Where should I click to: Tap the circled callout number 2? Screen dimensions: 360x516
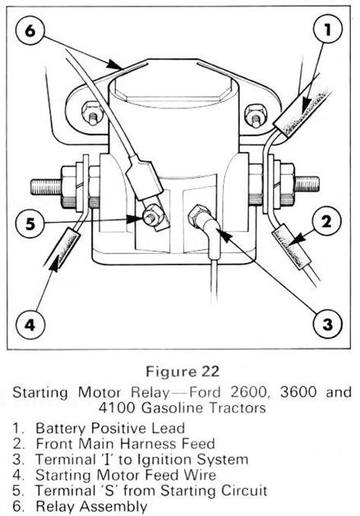327,221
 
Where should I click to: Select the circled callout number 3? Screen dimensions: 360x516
328,324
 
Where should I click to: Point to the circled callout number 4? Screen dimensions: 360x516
30,324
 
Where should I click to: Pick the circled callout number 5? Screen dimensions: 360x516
30,223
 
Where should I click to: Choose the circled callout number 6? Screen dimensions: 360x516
30,31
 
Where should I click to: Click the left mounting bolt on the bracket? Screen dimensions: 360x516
91,112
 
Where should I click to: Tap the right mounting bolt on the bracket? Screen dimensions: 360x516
254,115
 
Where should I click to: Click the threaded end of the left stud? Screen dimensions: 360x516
46,187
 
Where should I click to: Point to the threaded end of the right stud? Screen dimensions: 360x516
307,184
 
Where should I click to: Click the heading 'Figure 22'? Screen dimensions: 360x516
183,371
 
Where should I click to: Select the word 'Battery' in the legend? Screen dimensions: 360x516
60,428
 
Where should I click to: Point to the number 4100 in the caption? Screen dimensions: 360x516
118,408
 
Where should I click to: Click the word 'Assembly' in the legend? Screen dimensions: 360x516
114,507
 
